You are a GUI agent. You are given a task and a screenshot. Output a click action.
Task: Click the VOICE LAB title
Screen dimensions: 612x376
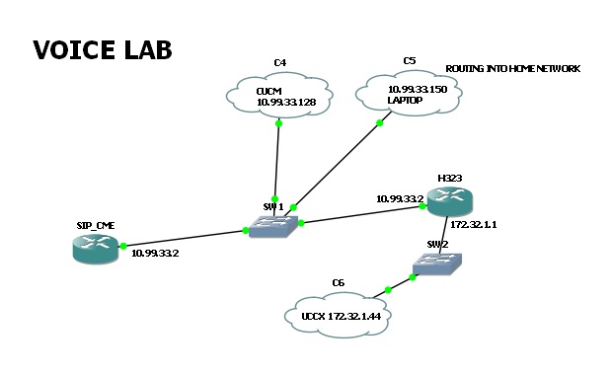(x=103, y=50)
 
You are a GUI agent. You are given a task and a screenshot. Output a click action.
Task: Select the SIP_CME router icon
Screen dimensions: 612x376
(x=95, y=248)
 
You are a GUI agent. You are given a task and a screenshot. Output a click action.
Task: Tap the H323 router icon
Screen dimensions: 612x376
(x=450, y=201)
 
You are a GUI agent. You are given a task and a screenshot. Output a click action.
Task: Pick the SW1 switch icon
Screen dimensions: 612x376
(x=273, y=226)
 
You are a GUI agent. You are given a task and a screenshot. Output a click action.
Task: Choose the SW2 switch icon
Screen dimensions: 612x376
(x=437, y=263)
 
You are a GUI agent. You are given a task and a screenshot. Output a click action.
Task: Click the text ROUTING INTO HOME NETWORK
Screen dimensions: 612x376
(x=513, y=69)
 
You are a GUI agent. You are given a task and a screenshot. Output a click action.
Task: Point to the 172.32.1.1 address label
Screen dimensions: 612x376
(x=474, y=225)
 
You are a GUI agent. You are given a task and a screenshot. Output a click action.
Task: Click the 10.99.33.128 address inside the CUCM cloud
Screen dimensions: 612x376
(x=286, y=103)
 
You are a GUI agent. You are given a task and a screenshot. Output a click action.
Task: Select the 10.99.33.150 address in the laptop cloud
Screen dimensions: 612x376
(x=418, y=90)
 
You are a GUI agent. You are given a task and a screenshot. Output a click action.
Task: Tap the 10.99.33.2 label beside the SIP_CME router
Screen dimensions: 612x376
(x=155, y=254)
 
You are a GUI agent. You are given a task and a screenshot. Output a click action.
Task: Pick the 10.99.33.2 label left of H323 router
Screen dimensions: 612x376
(x=400, y=199)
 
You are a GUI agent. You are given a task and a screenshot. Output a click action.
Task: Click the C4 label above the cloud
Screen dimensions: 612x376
(x=280, y=62)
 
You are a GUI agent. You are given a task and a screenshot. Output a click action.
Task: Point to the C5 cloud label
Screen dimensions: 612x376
(x=410, y=61)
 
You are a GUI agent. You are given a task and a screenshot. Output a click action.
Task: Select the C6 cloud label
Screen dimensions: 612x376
(x=338, y=283)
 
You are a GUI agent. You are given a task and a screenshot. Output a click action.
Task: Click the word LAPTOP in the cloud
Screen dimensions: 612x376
(x=405, y=101)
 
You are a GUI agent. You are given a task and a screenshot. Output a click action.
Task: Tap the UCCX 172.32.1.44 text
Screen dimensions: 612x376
(x=342, y=316)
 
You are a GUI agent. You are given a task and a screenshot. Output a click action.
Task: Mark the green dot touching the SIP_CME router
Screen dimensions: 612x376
(x=123, y=246)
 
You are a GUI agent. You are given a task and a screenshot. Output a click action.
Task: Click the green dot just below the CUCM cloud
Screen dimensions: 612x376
(x=278, y=123)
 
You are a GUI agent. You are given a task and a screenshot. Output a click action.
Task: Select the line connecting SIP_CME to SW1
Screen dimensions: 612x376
(x=185, y=238)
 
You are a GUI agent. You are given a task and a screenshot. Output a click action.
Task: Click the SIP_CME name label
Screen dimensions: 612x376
(x=96, y=226)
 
